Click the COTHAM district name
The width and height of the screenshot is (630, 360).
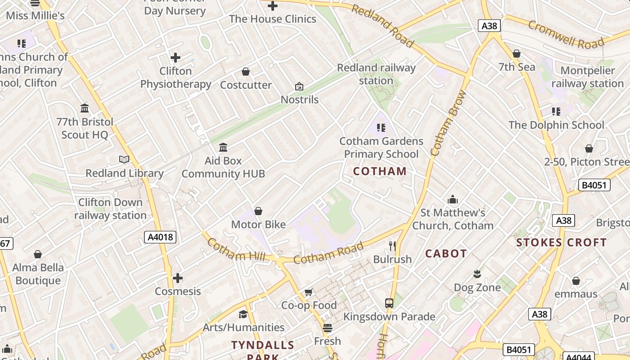[380, 171]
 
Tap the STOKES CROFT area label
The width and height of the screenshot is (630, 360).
[561, 243]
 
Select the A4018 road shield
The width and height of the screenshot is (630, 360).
[160, 237]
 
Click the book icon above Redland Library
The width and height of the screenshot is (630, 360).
[124, 159]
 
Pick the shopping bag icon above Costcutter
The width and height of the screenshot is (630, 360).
[246, 72]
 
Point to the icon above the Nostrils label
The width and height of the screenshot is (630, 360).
[299, 86]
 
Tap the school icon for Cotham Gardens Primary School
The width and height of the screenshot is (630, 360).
[381, 128]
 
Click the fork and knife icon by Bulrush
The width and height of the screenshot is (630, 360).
[392, 246]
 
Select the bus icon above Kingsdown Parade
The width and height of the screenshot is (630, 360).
[389, 303]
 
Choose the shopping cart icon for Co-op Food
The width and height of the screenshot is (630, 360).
[309, 292]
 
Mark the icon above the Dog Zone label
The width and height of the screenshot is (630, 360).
[477, 274]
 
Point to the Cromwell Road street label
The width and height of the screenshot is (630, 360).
[566, 35]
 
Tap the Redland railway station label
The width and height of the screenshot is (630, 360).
[376, 74]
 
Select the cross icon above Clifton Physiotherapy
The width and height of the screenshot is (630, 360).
[175, 58]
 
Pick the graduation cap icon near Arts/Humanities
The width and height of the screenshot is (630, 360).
[243, 314]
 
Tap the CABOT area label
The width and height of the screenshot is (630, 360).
[446, 254]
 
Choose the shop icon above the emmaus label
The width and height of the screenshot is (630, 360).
[576, 281]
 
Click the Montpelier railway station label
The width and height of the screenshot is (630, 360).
[588, 77]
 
